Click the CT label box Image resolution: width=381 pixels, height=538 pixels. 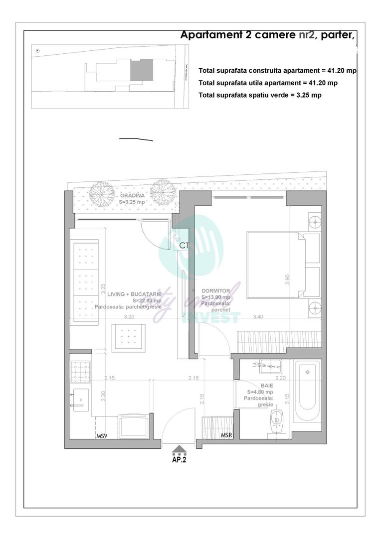(x=184, y=245)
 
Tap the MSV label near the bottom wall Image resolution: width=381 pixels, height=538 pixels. (x=102, y=436)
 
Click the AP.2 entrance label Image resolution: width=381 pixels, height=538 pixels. (x=179, y=460)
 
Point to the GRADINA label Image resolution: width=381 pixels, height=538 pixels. (x=132, y=196)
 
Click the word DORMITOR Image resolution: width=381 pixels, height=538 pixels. (x=215, y=291)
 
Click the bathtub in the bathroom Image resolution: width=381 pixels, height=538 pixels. (x=308, y=392)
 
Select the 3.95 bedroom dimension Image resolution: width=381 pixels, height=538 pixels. (x=288, y=279)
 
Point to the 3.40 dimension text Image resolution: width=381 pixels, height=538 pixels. (x=258, y=316)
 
